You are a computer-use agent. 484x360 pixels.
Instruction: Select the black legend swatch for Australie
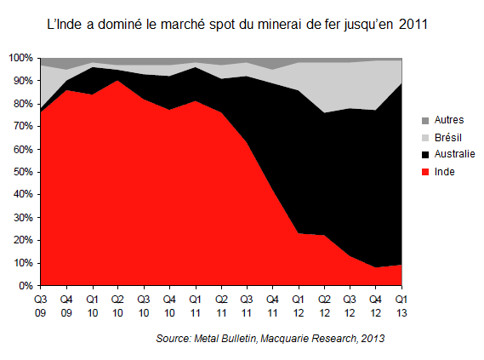pyautogui.click(x=424, y=154)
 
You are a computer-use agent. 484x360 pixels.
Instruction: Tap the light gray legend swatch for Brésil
pyautogui.click(x=424, y=138)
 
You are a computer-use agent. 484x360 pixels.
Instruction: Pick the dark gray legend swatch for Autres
pyautogui.click(x=424, y=122)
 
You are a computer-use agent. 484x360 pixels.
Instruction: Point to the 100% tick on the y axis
pyautogui.click(x=20, y=58)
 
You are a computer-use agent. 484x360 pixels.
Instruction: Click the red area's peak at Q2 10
pyautogui.click(x=117, y=81)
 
